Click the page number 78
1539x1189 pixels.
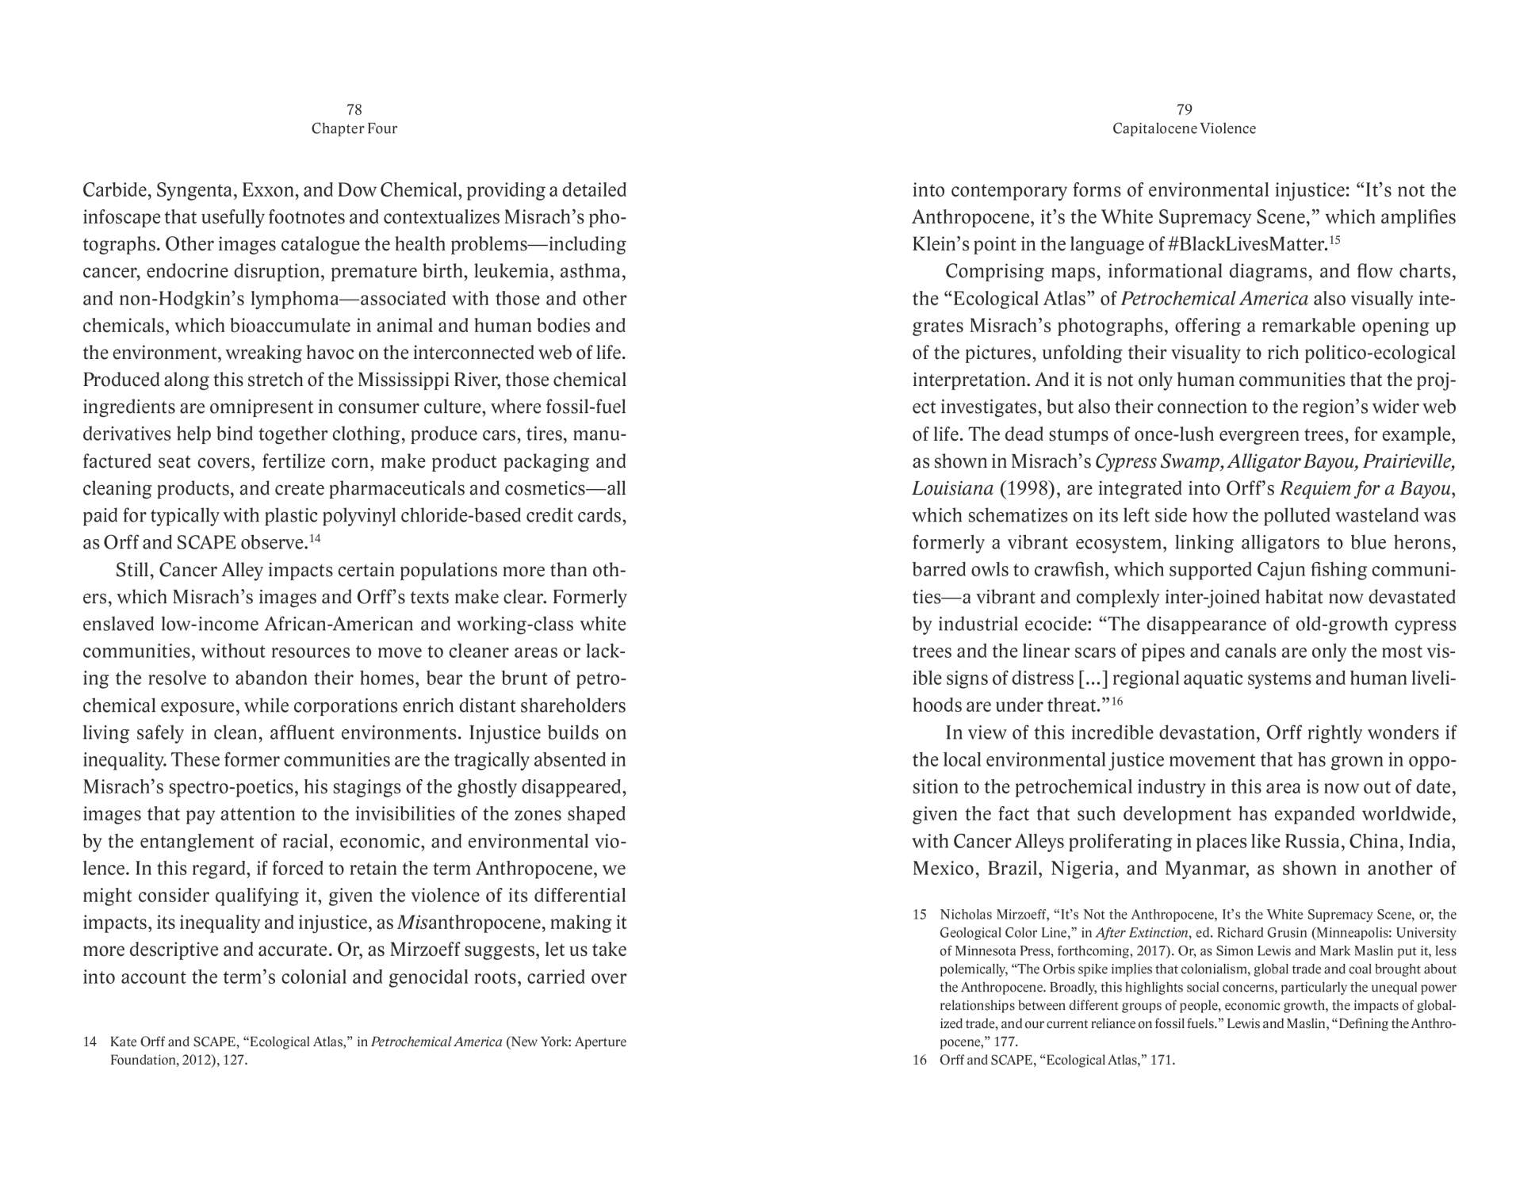pyautogui.click(x=354, y=109)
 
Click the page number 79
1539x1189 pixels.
pyautogui.click(x=1184, y=109)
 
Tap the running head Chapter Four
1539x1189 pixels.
pyautogui.click(x=354, y=128)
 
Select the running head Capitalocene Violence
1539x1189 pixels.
pyautogui.click(x=1184, y=128)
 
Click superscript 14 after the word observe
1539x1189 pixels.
pyautogui.click(x=315, y=539)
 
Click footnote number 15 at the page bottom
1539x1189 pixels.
pyautogui.click(x=920, y=915)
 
